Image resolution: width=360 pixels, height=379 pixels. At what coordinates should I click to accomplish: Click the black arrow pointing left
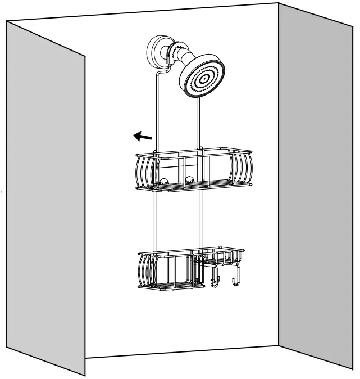click(142, 136)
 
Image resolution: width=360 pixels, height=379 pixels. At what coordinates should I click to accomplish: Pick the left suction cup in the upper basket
click(165, 182)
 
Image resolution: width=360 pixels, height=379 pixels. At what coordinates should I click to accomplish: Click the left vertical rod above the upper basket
click(154, 112)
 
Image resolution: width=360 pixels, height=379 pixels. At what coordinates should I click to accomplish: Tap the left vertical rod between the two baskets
click(153, 222)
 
